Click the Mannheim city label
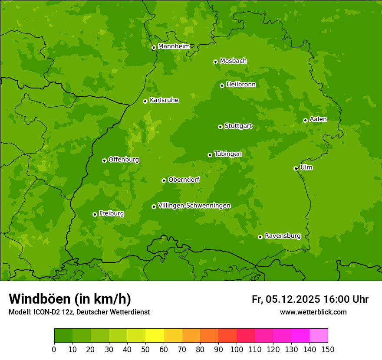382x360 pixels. pos(174,46)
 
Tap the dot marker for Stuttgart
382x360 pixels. pos(220,127)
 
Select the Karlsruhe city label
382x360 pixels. pos(164,100)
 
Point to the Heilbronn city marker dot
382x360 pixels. pos(222,85)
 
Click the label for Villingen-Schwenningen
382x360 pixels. pos(194,206)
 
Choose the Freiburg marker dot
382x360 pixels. pos(95,214)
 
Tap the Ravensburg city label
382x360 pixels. pos(282,236)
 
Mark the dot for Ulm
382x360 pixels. pos(296,168)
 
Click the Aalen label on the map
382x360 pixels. pos(318,119)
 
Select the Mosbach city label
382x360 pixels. pos(233,61)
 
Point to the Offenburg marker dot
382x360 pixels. pos(104,160)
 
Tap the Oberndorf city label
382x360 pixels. pos(184,180)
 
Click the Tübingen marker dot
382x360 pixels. pos(210,155)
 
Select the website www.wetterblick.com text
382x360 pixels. pos(313,312)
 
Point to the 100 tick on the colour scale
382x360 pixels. pos(237,349)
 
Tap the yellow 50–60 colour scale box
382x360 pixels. pos(155,336)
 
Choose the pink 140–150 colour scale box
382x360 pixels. pos(319,336)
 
